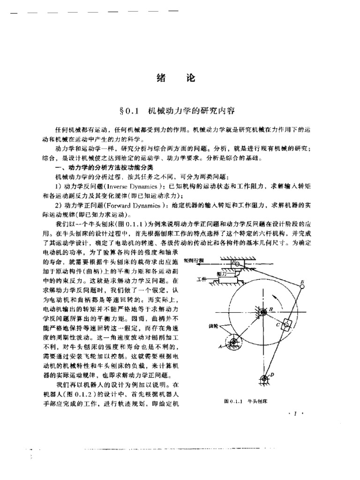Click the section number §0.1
tap(131, 111)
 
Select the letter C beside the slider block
tap(277, 324)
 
